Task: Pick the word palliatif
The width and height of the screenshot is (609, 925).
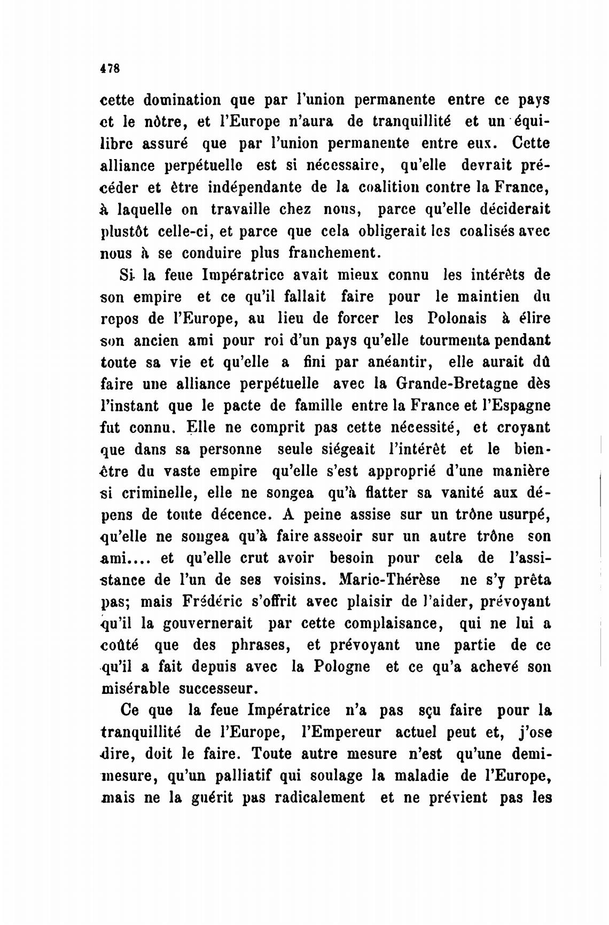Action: pos(235,776)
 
